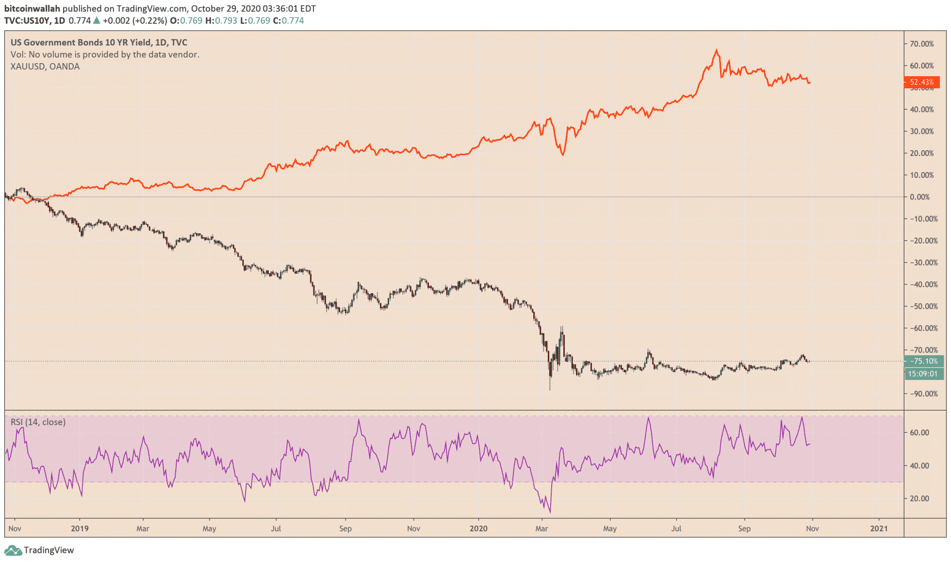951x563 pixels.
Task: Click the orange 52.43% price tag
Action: [921, 82]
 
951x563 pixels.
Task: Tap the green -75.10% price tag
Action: [924, 361]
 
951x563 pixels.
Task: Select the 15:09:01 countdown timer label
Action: [924, 374]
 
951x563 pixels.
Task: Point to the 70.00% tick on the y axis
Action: [921, 44]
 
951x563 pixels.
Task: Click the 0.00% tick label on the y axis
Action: [919, 197]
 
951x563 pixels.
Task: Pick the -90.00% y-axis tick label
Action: [921, 394]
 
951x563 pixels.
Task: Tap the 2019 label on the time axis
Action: [80, 529]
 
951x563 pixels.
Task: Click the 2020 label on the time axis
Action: [478, 529]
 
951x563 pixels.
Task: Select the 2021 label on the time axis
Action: [879, 529]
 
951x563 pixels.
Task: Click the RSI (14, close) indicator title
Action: [38, 422]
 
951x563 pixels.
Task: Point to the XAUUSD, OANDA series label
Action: [45, 66]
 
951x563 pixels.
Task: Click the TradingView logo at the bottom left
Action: [39, 550]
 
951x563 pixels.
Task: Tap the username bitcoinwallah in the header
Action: [32, 9]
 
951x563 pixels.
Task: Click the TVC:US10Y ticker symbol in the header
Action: [27, 21]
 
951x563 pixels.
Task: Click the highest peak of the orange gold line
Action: [717, 50]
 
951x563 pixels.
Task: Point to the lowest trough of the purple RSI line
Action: [550, 512]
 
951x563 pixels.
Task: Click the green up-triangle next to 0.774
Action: [97, 21]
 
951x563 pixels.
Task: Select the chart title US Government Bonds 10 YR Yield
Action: [81, 43]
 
